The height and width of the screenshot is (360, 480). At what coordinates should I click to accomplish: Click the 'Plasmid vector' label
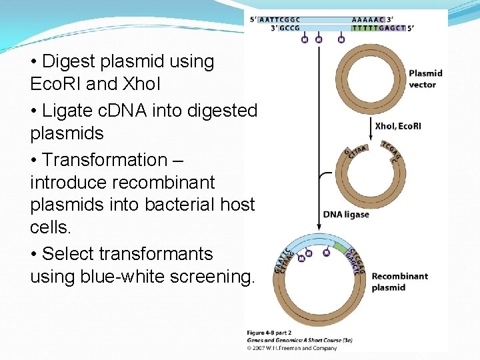(x=425, y=79)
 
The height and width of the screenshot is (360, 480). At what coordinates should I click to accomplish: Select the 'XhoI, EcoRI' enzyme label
(x=397, y=126)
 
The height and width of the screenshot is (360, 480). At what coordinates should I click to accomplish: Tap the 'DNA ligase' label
(x=346, y=214)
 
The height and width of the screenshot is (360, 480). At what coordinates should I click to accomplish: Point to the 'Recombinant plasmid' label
(x=399, y=281)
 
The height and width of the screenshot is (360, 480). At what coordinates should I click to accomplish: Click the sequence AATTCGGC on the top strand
(x=281, y=19)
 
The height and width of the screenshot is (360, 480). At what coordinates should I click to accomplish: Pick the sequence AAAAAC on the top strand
(x=367, y=19)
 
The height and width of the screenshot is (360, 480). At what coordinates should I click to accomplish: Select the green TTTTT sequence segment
(x=365, y=28)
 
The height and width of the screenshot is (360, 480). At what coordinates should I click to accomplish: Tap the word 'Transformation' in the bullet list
(x=104, y=160)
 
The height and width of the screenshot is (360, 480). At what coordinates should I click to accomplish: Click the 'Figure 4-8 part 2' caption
(x=269, y=332)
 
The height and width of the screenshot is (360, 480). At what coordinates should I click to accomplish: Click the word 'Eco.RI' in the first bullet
(x=59, y=85)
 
